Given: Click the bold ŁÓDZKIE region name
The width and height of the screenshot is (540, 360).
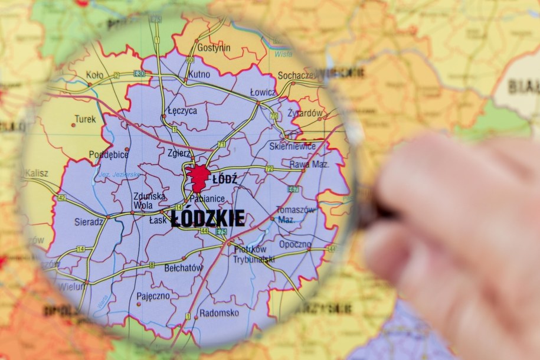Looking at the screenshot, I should (x=208, y=218).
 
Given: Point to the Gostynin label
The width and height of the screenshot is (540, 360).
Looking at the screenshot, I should (x=214, y=48).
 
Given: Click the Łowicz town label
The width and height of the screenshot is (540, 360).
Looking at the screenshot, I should (x=263, y=93).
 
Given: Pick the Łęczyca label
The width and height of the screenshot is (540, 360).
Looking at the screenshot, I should (x=182, y=110).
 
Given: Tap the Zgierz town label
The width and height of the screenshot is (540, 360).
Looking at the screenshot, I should (x=179, y=153).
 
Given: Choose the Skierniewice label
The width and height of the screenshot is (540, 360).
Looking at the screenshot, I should (x=292, y=146).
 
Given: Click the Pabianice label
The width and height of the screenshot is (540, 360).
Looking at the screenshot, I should (x=207, y=198).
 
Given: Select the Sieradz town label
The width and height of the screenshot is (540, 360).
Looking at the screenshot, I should (x=89, y=222).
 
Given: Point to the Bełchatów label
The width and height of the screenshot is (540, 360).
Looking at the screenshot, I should (x=184, y=268).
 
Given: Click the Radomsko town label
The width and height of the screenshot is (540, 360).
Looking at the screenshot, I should (x=219, y=313).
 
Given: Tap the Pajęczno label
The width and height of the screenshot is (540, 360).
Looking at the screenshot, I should (x=153, y=296).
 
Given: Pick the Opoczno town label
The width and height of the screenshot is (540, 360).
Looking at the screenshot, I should (x=295, y=244).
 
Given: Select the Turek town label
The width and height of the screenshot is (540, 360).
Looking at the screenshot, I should (x=85, y=119).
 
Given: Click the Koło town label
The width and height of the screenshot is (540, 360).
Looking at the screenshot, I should (x=94, y=75).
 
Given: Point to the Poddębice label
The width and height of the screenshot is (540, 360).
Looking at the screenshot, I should (x=109, y=155).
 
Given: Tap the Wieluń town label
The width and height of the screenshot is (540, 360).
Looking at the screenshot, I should (x=71, y=287).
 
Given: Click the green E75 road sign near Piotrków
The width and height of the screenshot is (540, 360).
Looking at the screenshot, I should (x=221, y=231).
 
